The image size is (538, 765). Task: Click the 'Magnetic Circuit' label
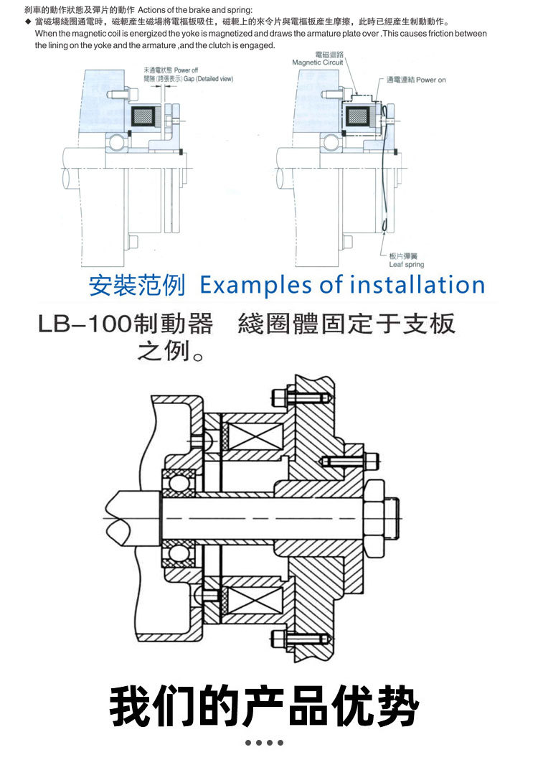(x=318, y=62)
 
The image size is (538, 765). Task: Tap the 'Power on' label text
(x=430, y=80)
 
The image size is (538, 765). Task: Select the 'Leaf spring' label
(x=406, y=264)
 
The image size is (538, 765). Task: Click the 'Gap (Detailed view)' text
(x=209, y=79)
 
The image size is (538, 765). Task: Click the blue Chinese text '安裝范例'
(x=137, y=286)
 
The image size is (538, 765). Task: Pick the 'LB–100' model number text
(x=85, y=324)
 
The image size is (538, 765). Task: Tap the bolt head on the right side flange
(x=372, y=461)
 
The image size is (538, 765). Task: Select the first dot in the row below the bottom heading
(x=248, y=743)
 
